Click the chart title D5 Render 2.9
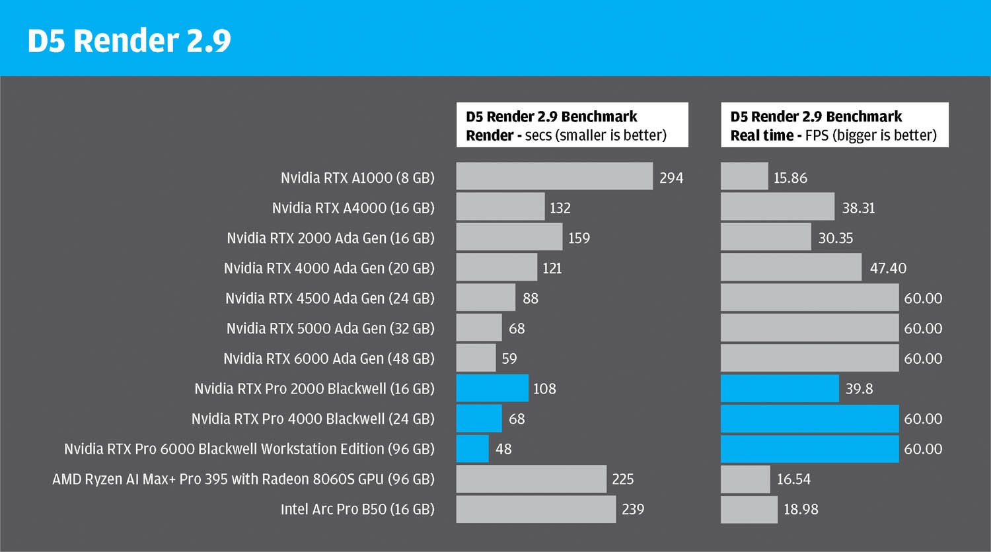pos(129,41)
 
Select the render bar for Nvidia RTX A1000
pos(554,176)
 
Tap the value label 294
pos(671,178)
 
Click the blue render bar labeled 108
pos(492,388)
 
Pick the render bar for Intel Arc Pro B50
pos(536,509)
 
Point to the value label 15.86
pos(790,178)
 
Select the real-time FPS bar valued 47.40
pos(791,267)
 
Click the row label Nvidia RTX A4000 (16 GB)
pos(353,208)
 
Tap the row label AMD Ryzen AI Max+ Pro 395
pos(243,479)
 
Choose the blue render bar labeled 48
pos(472,448)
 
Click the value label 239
pos(632,509)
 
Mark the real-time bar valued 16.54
pos(745,479)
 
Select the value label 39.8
pos(859,389)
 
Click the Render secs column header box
pos(572,125)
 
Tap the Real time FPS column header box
pos(834,125)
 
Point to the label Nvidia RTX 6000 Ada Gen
pos(328,359)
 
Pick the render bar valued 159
pos(509,237)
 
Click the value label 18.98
pos(801,509)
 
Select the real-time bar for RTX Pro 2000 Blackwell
pos(780,388)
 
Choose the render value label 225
pos(622,479)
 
